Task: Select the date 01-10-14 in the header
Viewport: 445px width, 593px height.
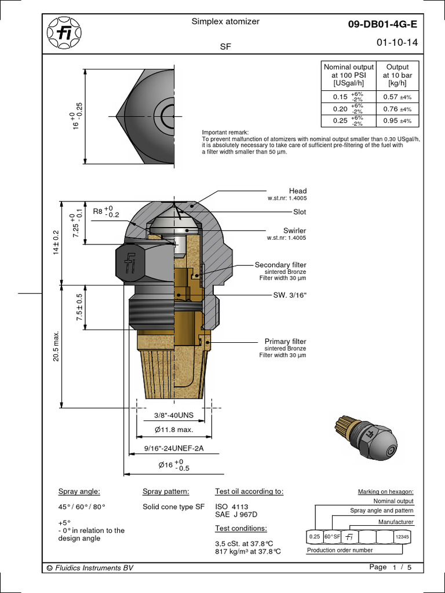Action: click(396, 43)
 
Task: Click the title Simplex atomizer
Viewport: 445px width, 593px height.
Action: click(225, 21)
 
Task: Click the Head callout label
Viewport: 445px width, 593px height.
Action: click(297, 191)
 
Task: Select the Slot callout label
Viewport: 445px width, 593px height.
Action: click(300, 213)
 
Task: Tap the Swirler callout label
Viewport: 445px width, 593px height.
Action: click(294, 230)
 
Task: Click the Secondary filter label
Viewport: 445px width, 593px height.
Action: click(280, 265)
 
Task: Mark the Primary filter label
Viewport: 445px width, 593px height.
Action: click(285, 342)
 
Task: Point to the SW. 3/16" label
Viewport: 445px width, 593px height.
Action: click(290, 295)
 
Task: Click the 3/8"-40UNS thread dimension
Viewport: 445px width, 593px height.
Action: click(173, 415)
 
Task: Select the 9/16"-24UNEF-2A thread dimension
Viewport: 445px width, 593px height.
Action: click(174, 448)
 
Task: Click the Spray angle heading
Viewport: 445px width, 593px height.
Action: click(79, 492)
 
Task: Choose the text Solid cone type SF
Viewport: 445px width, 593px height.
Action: click(173, 507)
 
